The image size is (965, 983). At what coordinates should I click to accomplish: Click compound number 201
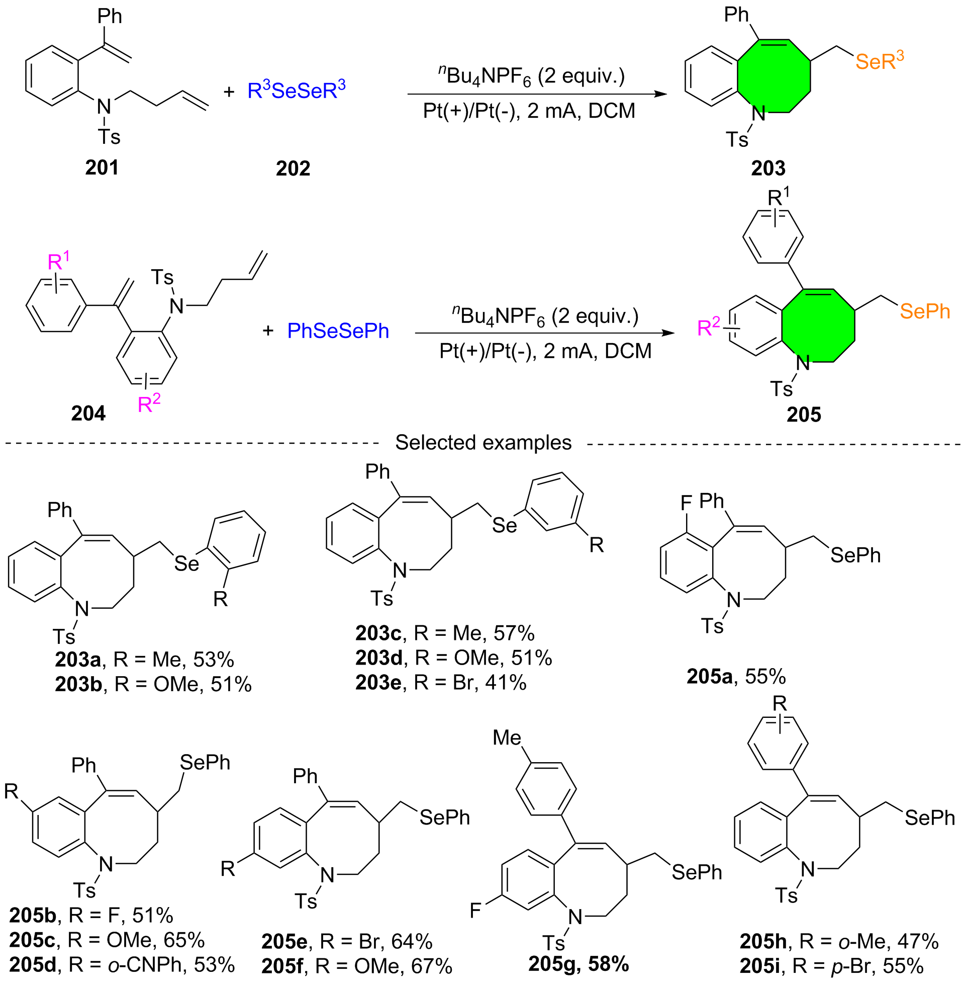pos(102,168)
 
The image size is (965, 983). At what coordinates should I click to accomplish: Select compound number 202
pos(293,169)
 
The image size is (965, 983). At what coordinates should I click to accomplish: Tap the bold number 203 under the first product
pos(768,168)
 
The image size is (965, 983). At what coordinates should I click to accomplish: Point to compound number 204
pos(88,414)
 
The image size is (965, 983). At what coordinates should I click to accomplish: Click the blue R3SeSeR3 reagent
pos(297,90)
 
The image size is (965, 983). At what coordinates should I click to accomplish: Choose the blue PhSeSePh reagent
pos(338,331)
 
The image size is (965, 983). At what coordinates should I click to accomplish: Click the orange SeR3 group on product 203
pos(880,60)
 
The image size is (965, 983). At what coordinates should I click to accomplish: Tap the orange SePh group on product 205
pos(925,311)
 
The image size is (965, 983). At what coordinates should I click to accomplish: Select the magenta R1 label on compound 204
pos(58,260)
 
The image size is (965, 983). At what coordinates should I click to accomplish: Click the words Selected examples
pos(483,442)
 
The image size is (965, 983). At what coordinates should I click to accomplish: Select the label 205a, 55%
pos(736,676)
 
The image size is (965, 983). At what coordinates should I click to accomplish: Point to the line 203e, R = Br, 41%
pos(441,683)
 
